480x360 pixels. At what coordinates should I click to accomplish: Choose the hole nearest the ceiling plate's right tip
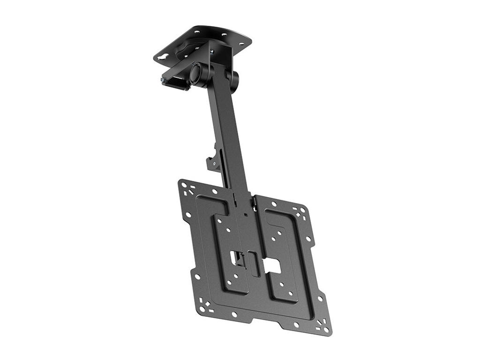pos(242,45)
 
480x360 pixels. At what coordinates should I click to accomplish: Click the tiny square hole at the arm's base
pos(245,215)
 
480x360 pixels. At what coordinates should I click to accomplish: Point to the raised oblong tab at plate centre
pos(253,263)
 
